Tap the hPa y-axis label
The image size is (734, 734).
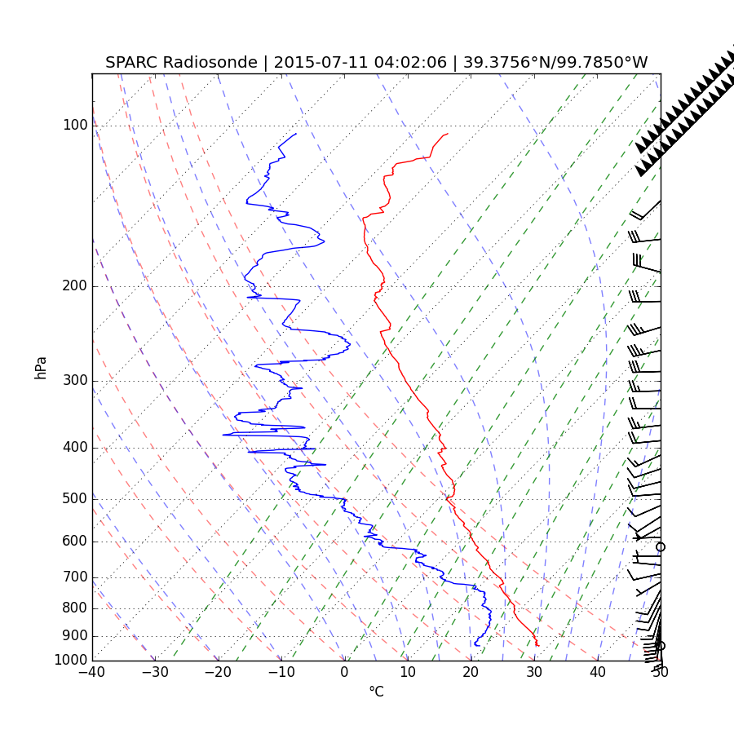[40, 367]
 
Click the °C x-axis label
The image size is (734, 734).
[376, 692]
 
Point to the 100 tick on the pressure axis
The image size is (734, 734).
[75, 126]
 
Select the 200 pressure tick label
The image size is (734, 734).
[75, 286]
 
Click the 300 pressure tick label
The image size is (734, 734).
[75, 381]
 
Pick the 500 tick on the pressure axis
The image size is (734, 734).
[75, 499]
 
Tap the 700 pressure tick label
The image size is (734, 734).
[75, 577]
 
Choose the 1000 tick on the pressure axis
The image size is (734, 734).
[72, 660]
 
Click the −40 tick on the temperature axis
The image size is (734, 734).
[92, 673]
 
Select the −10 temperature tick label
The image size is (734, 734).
[281, 673]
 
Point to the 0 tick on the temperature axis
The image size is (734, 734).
[344, 673]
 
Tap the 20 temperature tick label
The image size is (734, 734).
[471, 673]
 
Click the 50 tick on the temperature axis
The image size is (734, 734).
[661, 673]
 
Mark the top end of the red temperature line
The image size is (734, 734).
[448, 134]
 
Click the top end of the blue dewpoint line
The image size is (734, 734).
[296, 134]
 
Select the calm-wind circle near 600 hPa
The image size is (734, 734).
[661, 546]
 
